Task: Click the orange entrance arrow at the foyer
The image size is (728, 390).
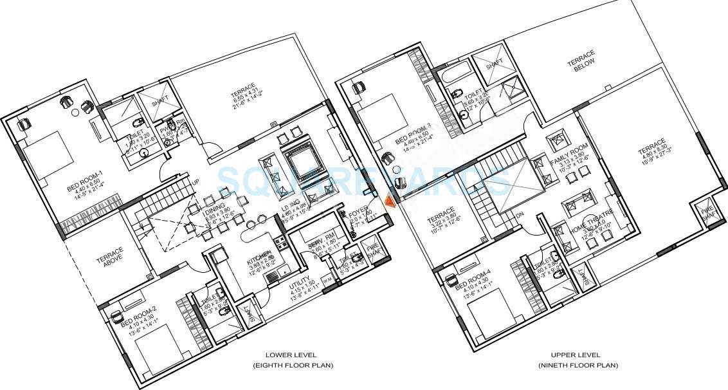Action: pyautogui.click(x=390, y=201)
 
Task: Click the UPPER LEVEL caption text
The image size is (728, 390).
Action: pyautogui.click(x=576, y=355)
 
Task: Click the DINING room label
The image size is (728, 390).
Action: pyautogui.click(x=215, y=207)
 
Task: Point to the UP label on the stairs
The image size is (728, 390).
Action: pyautogui.click(x=195, y=183)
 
